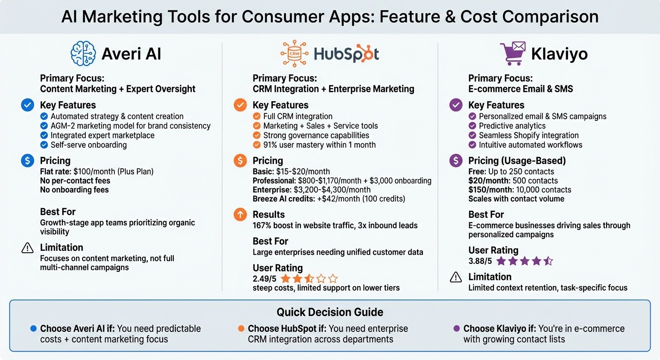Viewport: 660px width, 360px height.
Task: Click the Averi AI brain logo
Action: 83,53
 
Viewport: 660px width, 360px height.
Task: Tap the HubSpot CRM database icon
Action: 294,53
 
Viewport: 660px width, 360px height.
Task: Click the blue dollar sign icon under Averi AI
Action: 28,161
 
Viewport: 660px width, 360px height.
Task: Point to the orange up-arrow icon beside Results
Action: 240,215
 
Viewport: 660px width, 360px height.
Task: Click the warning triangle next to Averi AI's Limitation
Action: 28,248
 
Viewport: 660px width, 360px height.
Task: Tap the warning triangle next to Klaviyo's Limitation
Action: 456,277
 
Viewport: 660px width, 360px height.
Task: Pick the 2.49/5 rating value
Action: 264,278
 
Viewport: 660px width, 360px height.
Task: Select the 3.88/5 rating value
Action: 480,261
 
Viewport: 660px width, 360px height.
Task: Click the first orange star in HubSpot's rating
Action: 285,279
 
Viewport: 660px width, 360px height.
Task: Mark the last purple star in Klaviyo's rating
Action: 547,261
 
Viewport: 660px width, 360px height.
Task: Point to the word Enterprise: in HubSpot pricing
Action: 272,190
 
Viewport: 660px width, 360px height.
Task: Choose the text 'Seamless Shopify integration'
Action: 528,135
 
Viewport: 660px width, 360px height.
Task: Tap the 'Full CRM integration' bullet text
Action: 298,116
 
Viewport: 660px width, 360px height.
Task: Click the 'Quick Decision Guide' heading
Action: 330,312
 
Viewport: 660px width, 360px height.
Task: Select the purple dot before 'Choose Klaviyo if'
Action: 457,329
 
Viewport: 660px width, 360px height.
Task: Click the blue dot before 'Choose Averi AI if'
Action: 33,329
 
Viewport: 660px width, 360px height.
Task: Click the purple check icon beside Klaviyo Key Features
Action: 456,105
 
